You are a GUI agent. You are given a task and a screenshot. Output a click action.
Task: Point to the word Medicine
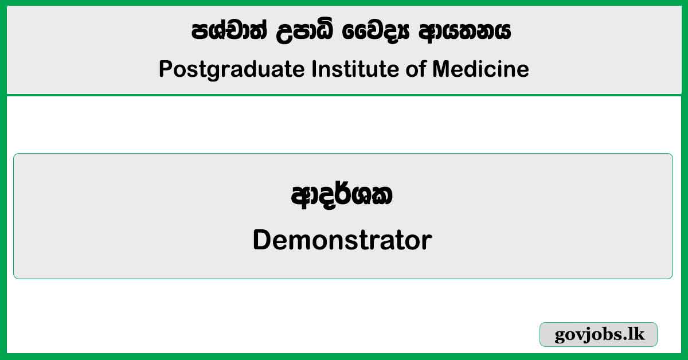coord(480,69)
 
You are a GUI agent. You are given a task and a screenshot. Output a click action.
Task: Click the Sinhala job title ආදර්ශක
coord(342,197)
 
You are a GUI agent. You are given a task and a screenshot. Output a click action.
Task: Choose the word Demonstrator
coord(342,240)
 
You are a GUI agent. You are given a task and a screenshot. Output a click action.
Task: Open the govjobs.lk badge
coord(599,335)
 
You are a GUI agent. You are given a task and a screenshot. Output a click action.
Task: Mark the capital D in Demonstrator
coord(261,240)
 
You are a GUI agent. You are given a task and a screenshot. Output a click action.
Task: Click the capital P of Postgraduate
coord(165,69)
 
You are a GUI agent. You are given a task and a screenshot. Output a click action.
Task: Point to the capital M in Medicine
coord(441,69)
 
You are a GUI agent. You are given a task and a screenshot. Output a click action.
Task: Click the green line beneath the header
coord(344,95)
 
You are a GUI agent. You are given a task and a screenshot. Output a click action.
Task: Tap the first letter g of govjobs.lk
coord(560,337)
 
